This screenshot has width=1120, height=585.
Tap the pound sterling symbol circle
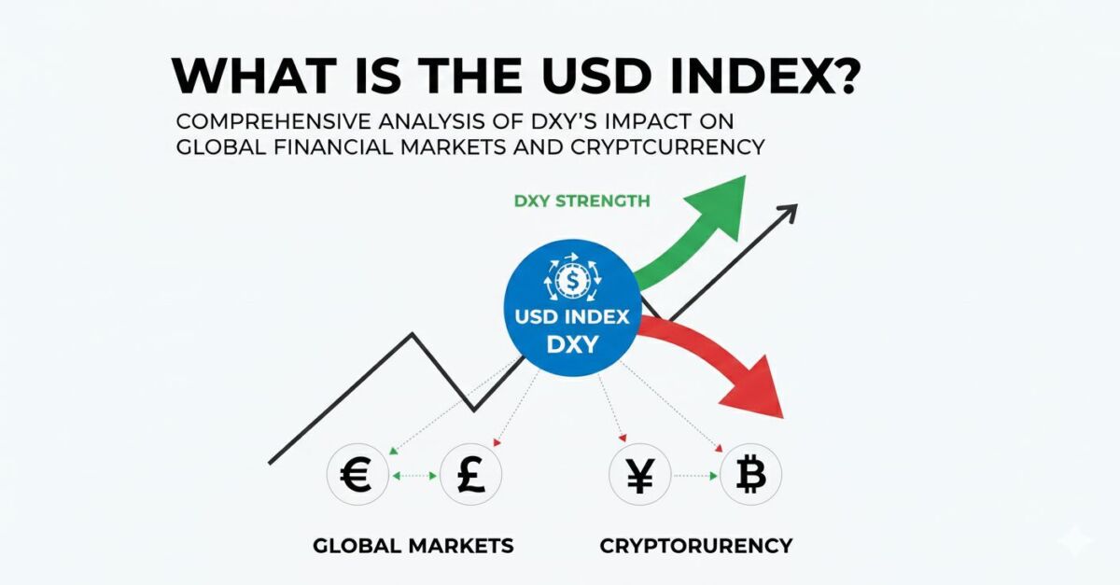click(470, 476)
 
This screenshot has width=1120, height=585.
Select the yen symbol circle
click(638, 476)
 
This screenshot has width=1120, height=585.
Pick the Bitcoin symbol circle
click(751, 476)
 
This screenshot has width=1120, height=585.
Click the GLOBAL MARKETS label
click(413, 544)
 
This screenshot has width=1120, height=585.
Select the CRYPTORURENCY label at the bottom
click(695, 544)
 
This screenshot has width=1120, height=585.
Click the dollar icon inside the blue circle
click(571, 278)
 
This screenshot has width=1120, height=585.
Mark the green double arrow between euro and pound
click(413, 476)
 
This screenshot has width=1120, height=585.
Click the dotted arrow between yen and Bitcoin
click(695, 476)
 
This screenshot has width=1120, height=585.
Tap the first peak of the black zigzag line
click(413, 334)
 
